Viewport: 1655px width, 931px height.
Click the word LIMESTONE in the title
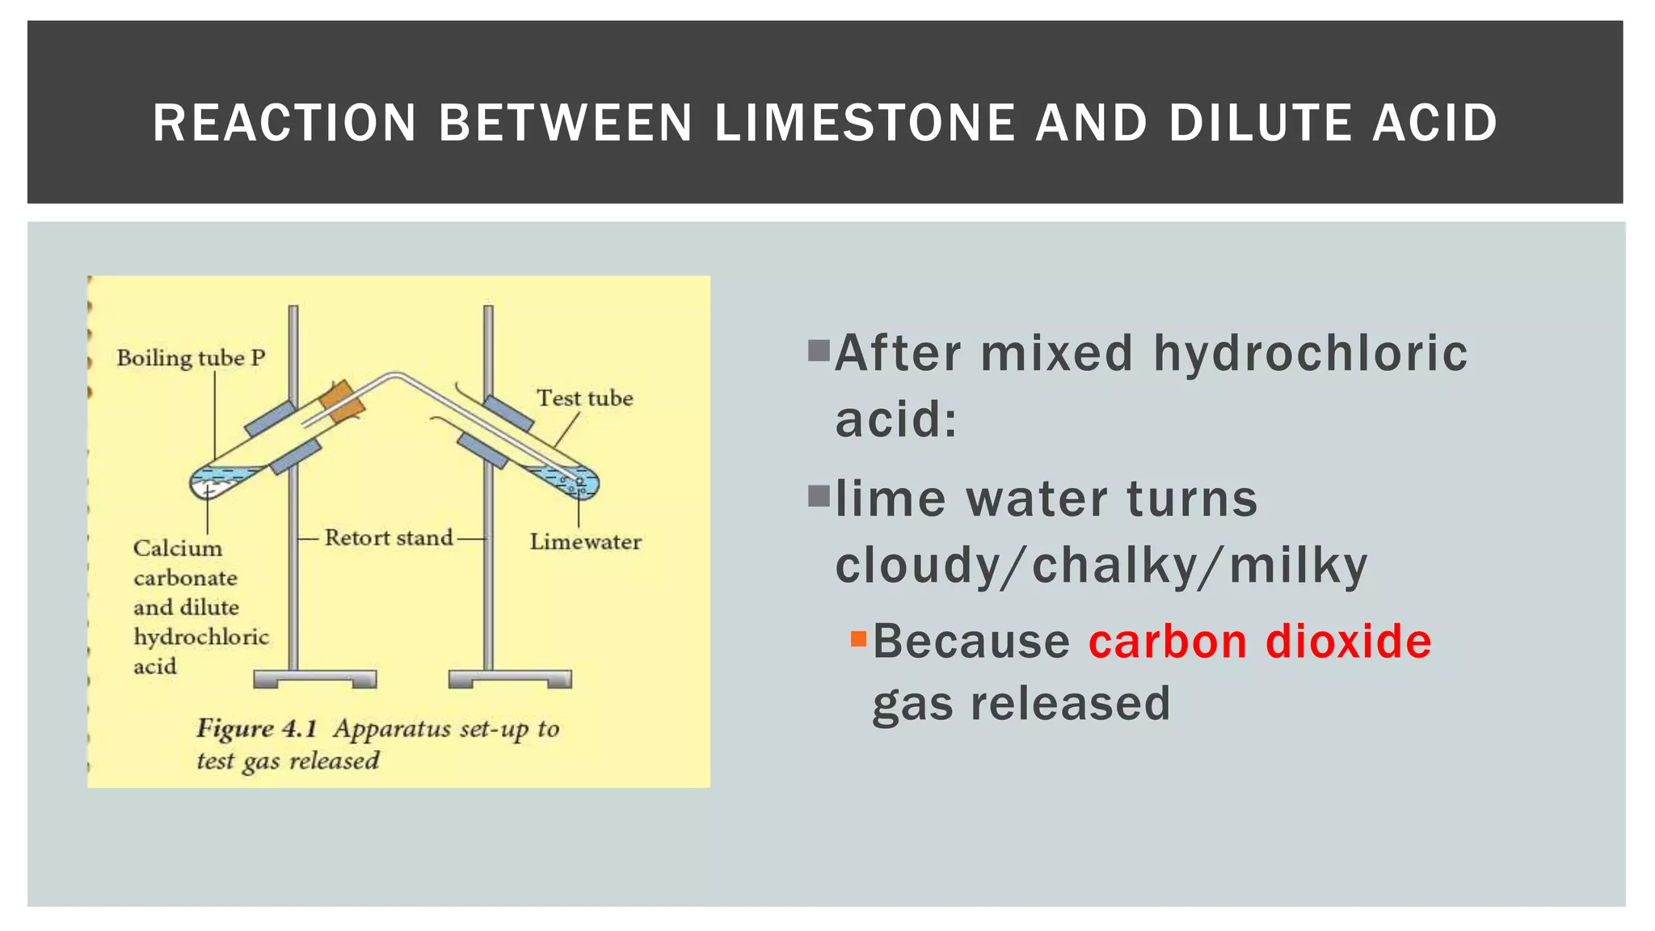tap(864, 123)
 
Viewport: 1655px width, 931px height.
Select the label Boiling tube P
tap(191, 358)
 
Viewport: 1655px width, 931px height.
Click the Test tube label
tap(585, 398)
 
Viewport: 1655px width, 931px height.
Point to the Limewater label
tap(585, 541)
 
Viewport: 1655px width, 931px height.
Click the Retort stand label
tap(389, 538)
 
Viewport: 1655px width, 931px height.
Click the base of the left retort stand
tap(314, 678)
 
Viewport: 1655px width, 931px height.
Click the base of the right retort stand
tap(510, 678)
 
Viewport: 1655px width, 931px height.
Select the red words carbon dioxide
tap(1259, 642)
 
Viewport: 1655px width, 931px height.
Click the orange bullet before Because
tap(858, 640)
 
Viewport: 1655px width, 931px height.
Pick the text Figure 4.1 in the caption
tap(256, 729)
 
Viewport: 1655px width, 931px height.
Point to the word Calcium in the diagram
tap(177, 549)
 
